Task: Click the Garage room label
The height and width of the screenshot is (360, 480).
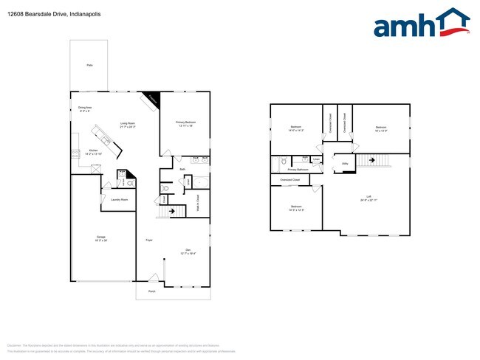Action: (100, 238)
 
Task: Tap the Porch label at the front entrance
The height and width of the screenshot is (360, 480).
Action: (152, 291)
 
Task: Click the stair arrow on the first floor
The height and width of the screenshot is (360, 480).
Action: (174, 212)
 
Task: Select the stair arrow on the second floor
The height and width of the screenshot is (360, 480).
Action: (372, 159)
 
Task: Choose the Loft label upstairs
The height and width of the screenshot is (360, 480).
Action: (363, 198)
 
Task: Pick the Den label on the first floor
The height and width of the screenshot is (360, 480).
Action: (188, 251)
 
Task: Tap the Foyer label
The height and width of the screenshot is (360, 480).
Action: (149, 240)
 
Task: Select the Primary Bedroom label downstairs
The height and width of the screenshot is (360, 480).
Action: (185, 123)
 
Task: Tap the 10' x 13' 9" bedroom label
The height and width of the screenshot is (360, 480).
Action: (381, 128)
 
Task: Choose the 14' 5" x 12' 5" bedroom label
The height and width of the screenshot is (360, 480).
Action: (295, 207)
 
